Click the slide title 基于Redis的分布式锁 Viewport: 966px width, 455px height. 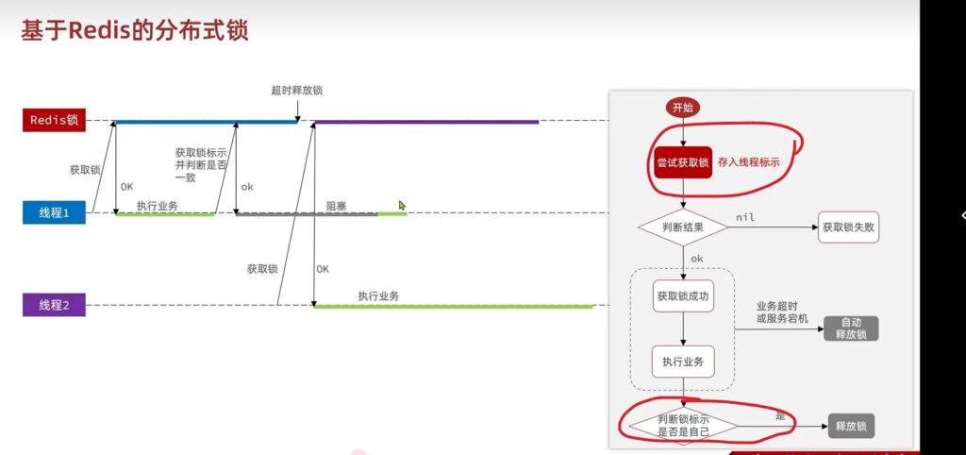pyautogui.click(x=134, y=31)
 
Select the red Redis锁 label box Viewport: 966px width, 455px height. pyautogui.click(x=54, y=120)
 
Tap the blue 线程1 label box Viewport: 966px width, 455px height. pyautogui.click(x=54, y=212)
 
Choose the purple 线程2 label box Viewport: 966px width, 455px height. pyautogui.click(x=54, y=305)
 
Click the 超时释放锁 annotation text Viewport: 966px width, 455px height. pyautogui.click(x=296, y=91)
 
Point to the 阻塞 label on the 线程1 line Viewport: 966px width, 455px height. pyautogui.click(x=337, y=205)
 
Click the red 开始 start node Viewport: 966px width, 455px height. pyautogui.click(x=683, y=108)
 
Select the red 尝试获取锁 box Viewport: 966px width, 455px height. pyautogui.click(x=683, y=162)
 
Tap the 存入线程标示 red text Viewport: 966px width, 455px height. pyautogui.click(x=748, y=162)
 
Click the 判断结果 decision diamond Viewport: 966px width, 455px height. pyautogui.click(x=683, y=227)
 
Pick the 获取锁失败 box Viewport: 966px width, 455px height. pyautogui.click(x=848, y=227)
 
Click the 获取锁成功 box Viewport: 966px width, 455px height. pyautogui.click(x=683, y=295)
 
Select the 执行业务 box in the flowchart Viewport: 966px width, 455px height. pyautogui.click(x=683, y=362)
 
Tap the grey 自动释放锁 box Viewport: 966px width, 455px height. pyautogui.click(x=851, y=329)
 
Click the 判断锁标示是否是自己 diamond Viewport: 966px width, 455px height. pyautogui.click(x=683, y=426)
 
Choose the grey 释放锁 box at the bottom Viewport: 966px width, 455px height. pyautogui.click(x=852, y=426)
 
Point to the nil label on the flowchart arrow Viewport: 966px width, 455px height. pyautogui.click(x=745, y=217)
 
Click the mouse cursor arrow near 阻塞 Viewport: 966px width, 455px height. pyautogui.click(x=402, y=205)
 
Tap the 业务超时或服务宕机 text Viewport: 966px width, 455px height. pyautogui.click(x=782, y=312)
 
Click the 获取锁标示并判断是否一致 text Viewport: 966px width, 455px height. pyautogui.click(x=201, y=164)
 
